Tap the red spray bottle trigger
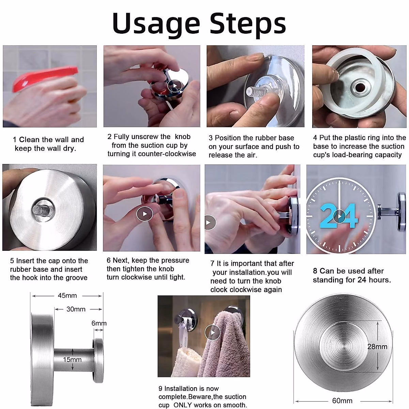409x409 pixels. click(45, 78)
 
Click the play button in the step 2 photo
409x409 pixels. click(175, 86)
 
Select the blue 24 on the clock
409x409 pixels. click(338, 216)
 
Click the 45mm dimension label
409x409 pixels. click(67, 296)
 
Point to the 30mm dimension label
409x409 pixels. click(76, 309)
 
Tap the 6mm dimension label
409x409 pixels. click(99, 323)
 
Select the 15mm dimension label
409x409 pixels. click(72, 360)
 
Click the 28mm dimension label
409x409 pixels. click(377, 347)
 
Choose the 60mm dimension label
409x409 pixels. click(342, 401)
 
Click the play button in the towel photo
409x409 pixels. click(213, 333)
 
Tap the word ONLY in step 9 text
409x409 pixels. click(183, 405)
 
